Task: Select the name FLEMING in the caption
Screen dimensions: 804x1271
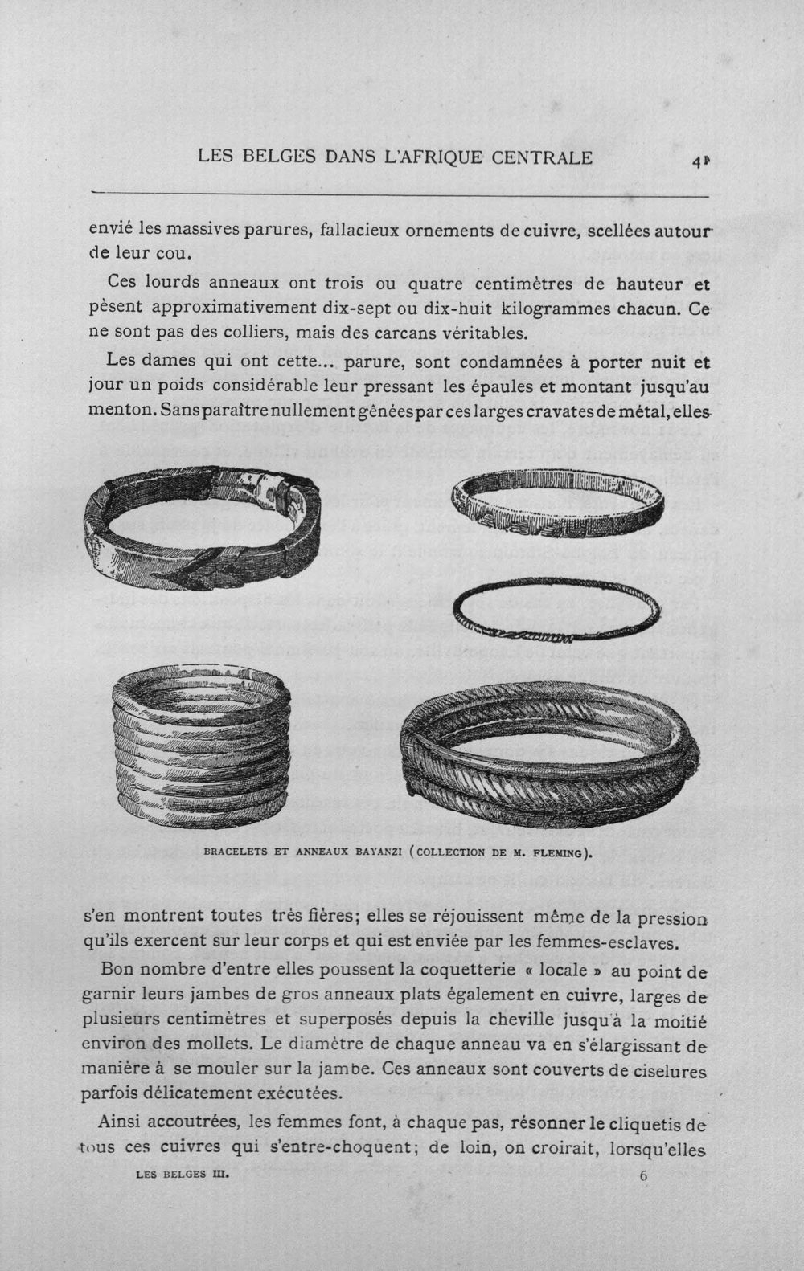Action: click(557, 852)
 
